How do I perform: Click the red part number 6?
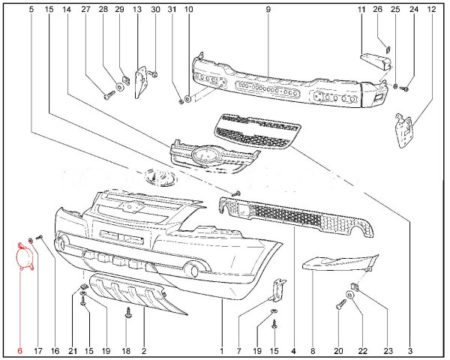tap(20, 350)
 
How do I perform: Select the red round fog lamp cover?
tap(24, 256)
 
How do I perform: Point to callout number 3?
tap(410, 350)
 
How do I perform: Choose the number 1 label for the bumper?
tap(222, 350)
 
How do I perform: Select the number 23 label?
tap(388, 350)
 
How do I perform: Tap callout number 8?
tap(312, 350)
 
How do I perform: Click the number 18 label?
tap(126, 350)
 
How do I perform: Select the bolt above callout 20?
tap(342, 304)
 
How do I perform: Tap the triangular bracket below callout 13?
tap(139, 84)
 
